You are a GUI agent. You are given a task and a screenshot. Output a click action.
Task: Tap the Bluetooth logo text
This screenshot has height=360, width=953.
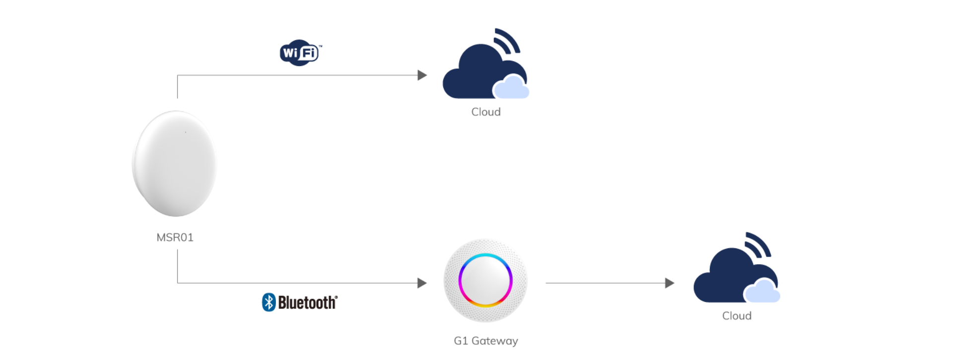click(x=307, y=302)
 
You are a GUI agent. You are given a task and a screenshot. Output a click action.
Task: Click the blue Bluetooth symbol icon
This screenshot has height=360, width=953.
click(x=269, y=302)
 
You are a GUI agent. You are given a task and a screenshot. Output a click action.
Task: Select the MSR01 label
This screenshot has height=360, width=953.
click(x=175, y=237)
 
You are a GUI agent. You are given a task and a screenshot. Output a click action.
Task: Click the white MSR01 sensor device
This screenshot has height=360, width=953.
click(x=174, y=163)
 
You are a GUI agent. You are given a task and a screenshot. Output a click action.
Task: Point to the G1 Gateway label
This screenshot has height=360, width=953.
click(x=486, y=341)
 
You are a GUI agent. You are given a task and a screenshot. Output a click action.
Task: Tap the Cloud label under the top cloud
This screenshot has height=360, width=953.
click(x=486, y=112)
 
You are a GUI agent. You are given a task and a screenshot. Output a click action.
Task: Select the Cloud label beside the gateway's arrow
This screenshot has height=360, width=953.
click(x=737, y=316)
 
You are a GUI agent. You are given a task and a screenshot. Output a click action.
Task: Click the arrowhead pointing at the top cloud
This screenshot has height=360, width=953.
click(x=422, y=75)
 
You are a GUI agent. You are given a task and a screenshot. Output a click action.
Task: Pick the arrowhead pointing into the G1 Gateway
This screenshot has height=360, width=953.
click(x=422, y=283)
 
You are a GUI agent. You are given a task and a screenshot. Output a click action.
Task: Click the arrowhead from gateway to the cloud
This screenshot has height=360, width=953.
click(x=670, y=283)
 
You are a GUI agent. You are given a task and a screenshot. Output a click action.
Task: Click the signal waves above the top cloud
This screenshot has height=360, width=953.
click(x=508, y=40)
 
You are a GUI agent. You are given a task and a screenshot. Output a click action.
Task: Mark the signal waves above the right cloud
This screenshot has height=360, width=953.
click(x=758, y=243)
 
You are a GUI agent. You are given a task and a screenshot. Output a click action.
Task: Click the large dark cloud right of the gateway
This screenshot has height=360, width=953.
click(x=725, y=278)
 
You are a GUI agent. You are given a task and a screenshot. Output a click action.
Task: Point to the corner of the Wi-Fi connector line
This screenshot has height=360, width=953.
click(x=177, y=75)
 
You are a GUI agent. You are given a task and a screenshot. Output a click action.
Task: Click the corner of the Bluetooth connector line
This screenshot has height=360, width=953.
click(x=177, y=283)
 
